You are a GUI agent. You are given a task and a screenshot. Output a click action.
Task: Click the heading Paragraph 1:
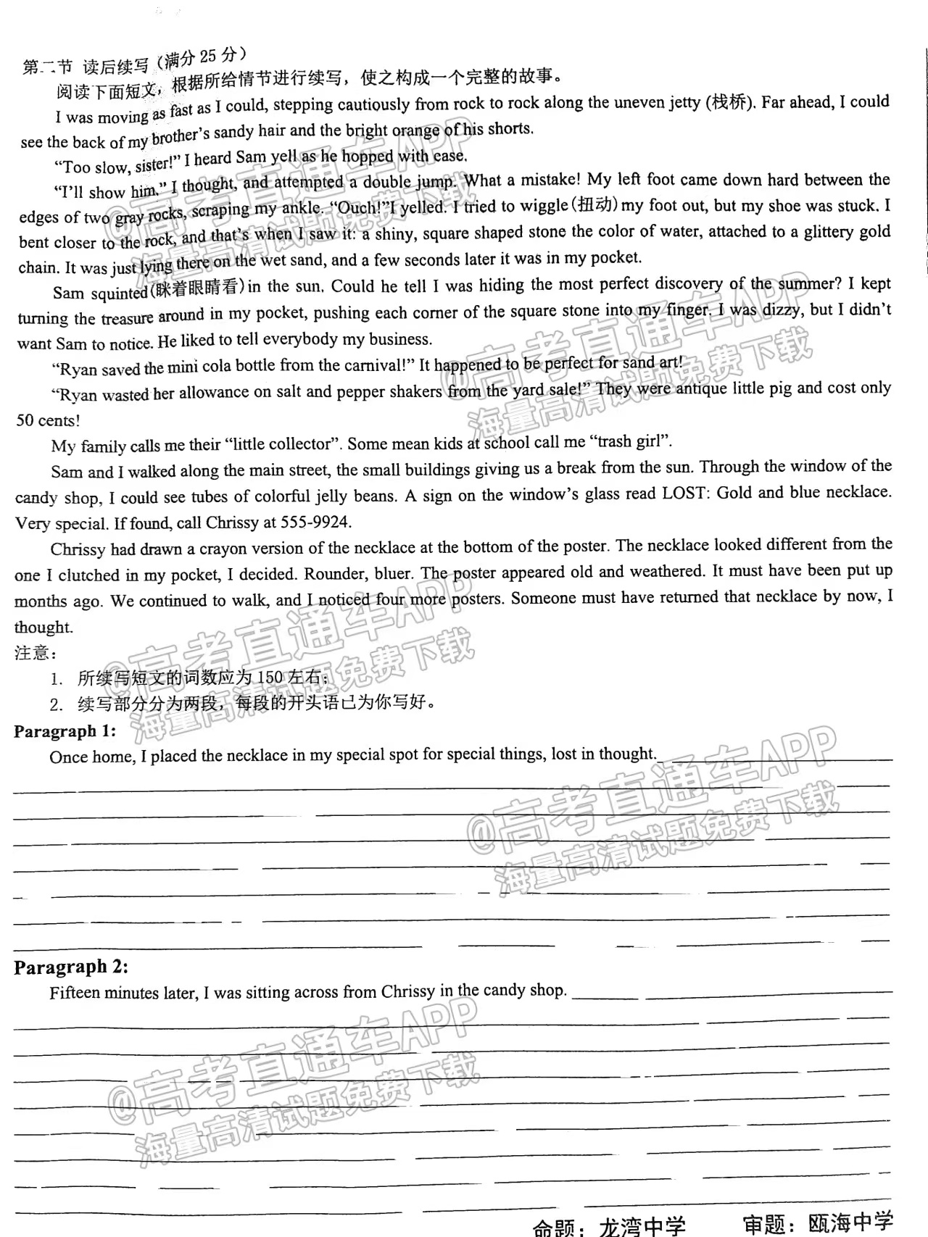(65, 731)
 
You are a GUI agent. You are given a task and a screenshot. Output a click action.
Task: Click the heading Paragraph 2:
(71, 967)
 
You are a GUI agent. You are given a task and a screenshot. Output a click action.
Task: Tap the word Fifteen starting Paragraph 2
(76, 993)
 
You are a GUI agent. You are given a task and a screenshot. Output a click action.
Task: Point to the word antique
(701, 388)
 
